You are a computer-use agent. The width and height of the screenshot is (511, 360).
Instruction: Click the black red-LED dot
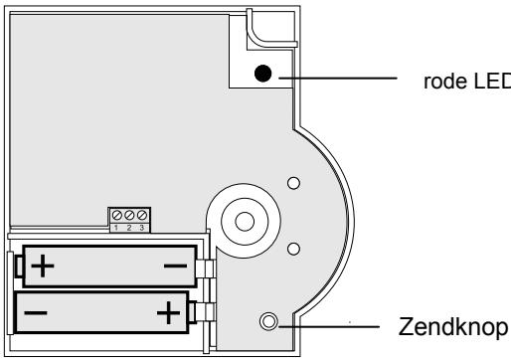coord(263,74)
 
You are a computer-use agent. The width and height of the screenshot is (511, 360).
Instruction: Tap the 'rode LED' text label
coord(467,82)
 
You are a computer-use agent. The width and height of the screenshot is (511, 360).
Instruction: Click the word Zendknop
coord(453,327)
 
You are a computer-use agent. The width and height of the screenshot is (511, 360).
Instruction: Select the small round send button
coord(268,321)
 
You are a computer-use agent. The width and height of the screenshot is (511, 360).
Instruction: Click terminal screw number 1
coord(116,215)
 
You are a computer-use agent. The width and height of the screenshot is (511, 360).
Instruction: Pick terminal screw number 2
coord(129,215)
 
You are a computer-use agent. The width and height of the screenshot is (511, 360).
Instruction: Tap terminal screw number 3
coord(142,215)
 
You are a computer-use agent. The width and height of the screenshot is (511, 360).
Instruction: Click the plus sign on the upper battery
coord(43,266)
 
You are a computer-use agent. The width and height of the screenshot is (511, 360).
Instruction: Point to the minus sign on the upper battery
coord(175,266)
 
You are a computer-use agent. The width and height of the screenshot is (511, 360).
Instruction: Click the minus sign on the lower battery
coord(36,312)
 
